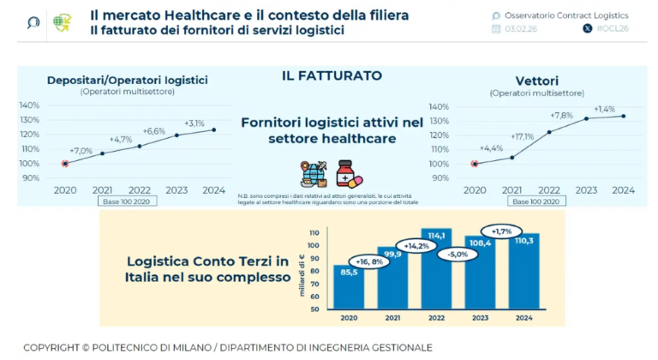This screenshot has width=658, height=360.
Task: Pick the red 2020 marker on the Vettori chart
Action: (x=475, y=164)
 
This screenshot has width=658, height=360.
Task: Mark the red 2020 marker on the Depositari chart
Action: (x=65, y=163)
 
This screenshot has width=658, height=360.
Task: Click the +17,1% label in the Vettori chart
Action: (x=522, y=135)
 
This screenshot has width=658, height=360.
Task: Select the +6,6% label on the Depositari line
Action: (x=154, y=131)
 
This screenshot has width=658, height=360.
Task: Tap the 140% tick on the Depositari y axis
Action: (x=29, y=105)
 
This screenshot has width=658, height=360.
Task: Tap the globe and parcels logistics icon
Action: (x=314, y=173)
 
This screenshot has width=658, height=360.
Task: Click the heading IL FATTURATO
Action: (x=332, y=76)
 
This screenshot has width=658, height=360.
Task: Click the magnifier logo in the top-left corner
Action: (x=33, y=22)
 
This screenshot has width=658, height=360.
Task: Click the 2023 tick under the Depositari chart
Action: (x=176, y=190)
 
